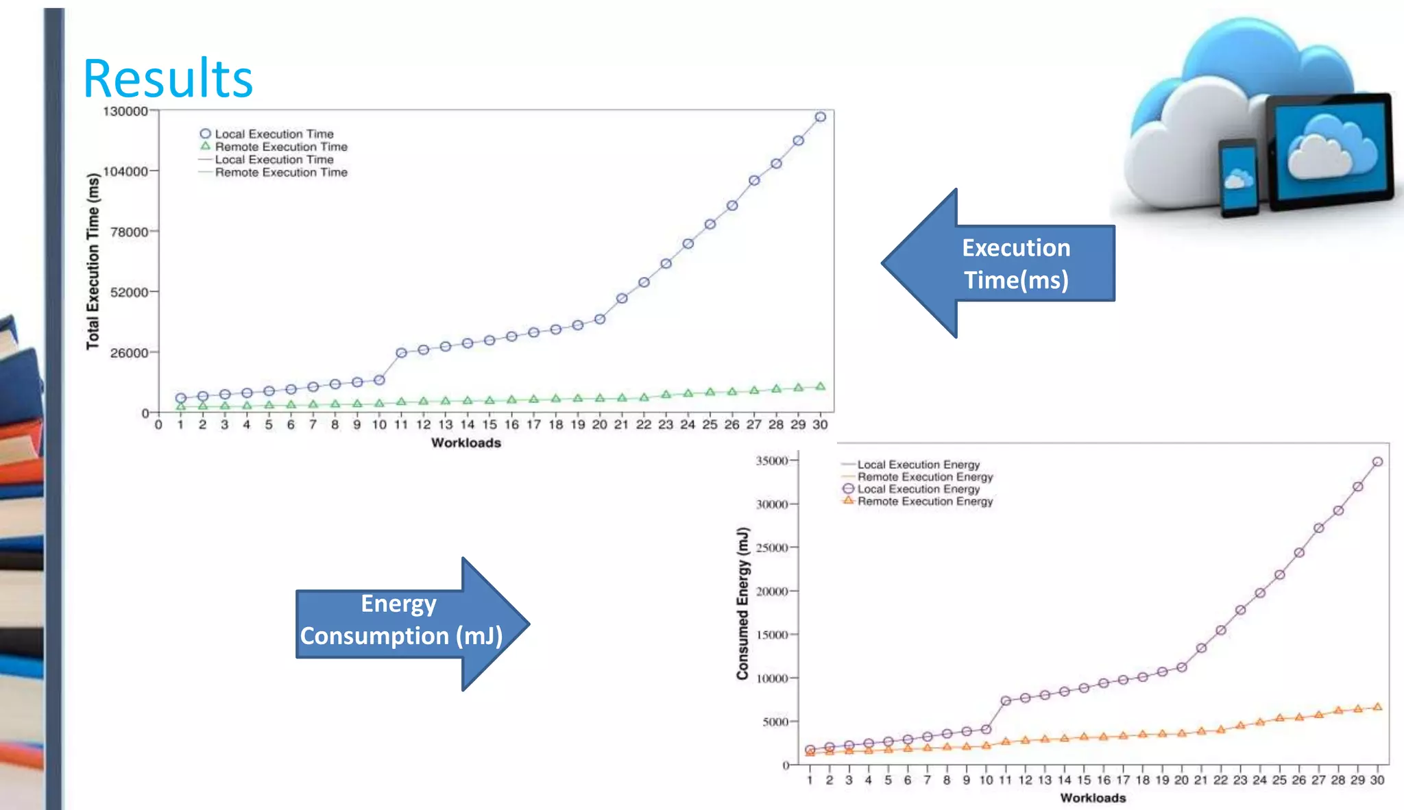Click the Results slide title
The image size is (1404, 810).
(x=168, y=79)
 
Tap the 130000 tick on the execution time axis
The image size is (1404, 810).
(x=125, y=111)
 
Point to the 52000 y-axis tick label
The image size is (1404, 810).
(x=129, y=293)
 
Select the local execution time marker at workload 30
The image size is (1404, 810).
(x=820, y=117)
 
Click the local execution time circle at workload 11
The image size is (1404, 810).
(x=402, y=353)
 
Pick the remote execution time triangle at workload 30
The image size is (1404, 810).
(x=820, y=386)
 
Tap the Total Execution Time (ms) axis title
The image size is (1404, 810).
(x=93, y=261)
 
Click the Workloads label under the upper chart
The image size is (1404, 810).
(x=466, y=443)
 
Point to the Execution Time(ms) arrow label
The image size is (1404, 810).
(x=1016, y=264)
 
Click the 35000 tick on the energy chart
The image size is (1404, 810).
(x=772, y=461)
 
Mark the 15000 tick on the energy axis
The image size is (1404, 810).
(x=772, y=635)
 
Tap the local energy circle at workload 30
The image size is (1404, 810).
(x=1377, y=462)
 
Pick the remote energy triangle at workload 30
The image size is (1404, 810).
(x=1377, y=707)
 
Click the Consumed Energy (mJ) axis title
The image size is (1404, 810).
(x=742, y=603)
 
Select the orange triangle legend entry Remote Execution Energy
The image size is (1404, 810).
(x=919, y=502)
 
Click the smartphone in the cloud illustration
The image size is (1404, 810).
(x=1238, y=177)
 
